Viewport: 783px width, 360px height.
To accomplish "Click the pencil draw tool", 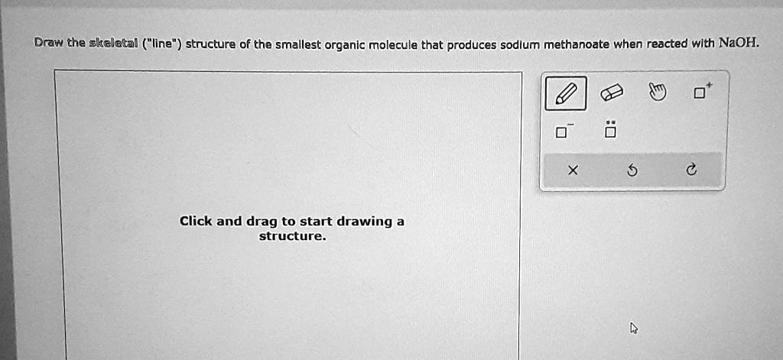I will (566, 93).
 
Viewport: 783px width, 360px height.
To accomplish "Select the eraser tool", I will (612, 93).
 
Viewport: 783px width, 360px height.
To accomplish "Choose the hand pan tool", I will (655, 93).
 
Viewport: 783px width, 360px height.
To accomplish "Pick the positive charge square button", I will (700, 92).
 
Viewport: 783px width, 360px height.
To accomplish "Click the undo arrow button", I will (632, 171).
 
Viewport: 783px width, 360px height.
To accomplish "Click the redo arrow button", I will (691, 171).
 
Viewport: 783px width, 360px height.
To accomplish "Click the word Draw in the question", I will (49, 44).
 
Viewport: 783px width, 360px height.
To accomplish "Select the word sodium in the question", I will (521, 44).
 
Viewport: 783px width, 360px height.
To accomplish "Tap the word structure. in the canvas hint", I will (292, 236).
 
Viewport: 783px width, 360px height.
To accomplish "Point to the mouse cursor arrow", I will (633, 328).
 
